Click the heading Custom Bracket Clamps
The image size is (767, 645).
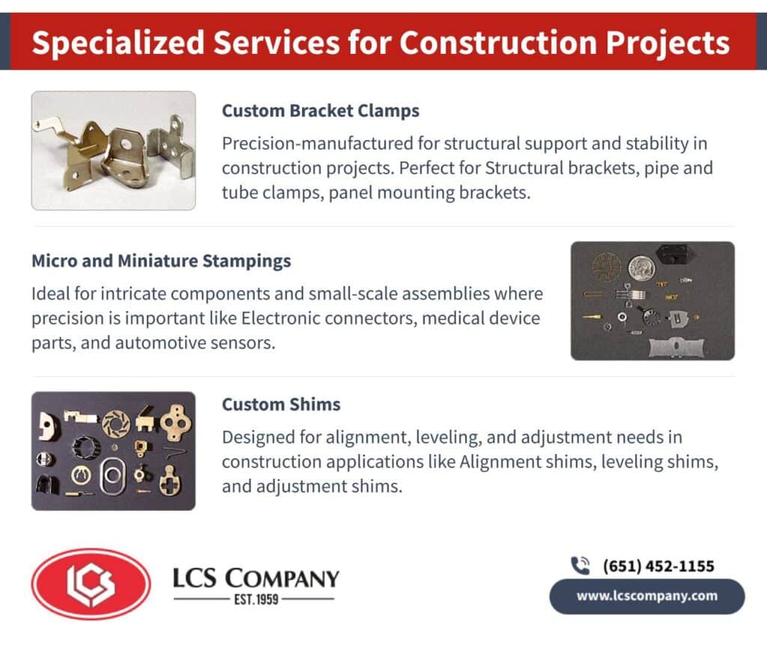[320, 111]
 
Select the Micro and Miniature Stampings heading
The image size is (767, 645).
[161, 261]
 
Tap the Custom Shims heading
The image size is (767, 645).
[281, 404]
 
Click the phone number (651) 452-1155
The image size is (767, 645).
[658, 566]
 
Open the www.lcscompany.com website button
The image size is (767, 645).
[646, 596]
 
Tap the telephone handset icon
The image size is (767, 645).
[580, 566]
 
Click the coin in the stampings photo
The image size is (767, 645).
[641, 267]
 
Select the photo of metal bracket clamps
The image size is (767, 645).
[113, 150]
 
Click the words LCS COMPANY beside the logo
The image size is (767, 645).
[255, 578]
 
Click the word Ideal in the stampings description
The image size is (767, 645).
[49, 293]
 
